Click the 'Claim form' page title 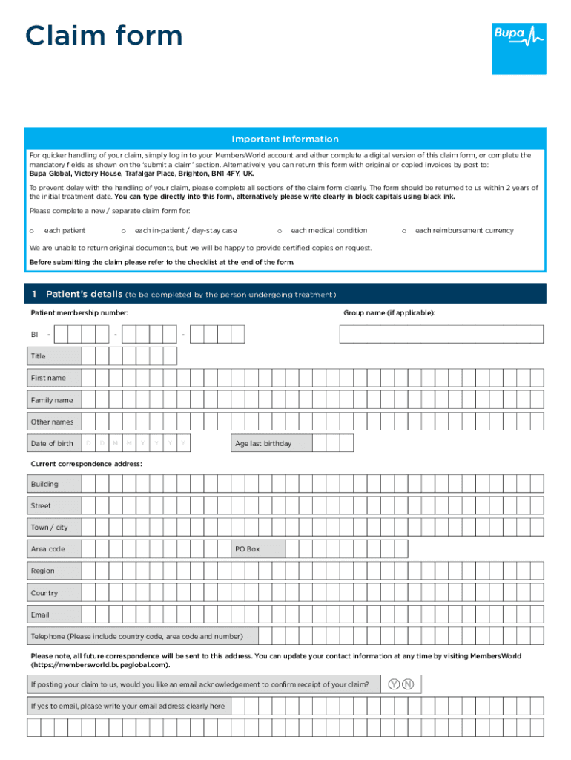coord(104,36)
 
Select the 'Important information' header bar coord(285,139)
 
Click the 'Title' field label coord(38,356)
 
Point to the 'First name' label coord(48,378)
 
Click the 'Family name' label coord(52,400)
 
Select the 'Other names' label coord(52,422)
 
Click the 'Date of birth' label coord(52,444)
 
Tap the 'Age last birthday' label coord(263,444)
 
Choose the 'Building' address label coord(44,484)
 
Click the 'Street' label coord(41,506)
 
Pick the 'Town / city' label coord(49,528)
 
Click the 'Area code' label coord(47,549)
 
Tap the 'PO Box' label coord(248,549)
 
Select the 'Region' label coord(42,571)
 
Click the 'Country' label coord(44,593)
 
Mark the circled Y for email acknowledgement coord(394,684)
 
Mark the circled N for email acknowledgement coord(408,684)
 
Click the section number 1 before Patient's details coord(34,294)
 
